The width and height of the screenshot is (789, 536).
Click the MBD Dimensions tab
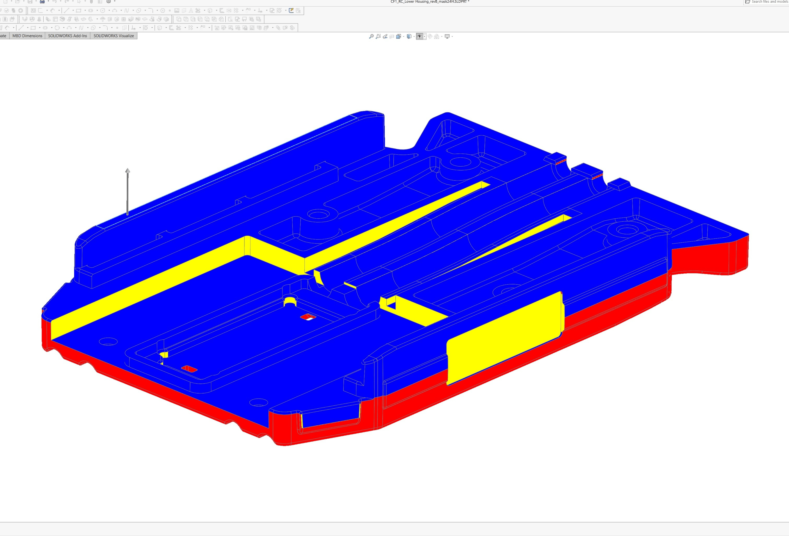(x=27, y=36)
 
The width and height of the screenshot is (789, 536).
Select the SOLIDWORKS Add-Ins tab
(x=67, y=36)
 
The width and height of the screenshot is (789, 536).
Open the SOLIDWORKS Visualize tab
(x=113, y=36)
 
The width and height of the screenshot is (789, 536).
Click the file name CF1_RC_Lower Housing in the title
(x=429, y=2)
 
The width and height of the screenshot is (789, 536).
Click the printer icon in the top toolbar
(x=42, y=2)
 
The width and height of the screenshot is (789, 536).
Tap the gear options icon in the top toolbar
(x=109, y=2)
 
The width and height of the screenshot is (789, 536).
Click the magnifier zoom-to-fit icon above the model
(x=371, y=36)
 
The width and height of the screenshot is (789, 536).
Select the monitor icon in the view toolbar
(x=447, y=36)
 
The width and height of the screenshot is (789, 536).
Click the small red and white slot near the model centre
(x=308, y=317)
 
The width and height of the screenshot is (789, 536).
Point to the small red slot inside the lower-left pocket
(x=189, y=368)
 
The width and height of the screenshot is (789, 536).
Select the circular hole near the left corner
(x=108, y=341)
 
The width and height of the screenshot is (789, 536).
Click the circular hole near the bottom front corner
(x=258, y=403)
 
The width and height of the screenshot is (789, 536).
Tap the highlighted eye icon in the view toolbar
(x=420, y=36)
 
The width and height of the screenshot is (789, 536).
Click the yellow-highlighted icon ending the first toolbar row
(x=291, y=10)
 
